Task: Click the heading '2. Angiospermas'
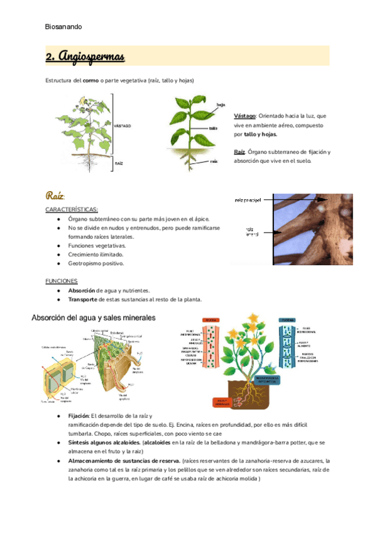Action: [85, 57]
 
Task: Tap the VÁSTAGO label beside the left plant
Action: [123, 126]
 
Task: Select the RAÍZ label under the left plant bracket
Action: [118, 163]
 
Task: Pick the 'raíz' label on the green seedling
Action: [214, 161]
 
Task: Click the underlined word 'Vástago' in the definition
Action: [244, 116]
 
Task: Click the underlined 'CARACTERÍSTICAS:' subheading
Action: [72, 209]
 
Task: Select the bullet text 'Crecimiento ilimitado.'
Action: [96, 255]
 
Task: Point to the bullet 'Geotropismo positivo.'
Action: [96, 263]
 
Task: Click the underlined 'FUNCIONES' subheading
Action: [62, 281]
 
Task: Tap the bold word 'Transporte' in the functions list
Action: [84, 300]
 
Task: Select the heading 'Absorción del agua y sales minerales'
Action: [94, 318]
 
